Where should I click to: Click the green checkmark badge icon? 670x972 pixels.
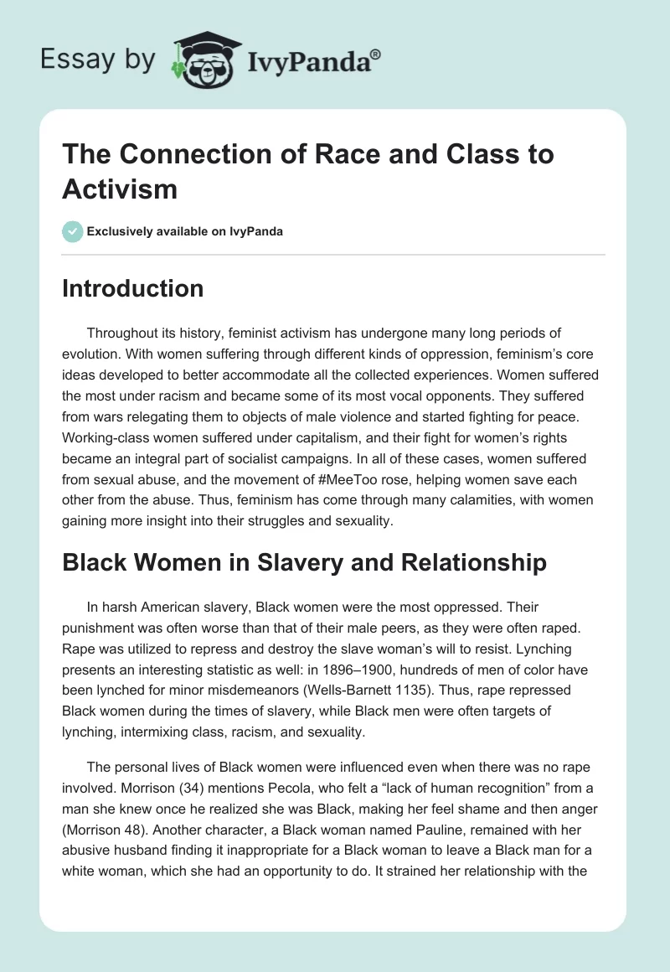pos(72,231)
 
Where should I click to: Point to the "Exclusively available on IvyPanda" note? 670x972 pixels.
pos(184,231)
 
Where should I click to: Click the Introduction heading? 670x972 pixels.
pos(132,289)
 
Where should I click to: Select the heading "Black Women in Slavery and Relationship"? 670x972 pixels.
pos(304,562)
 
